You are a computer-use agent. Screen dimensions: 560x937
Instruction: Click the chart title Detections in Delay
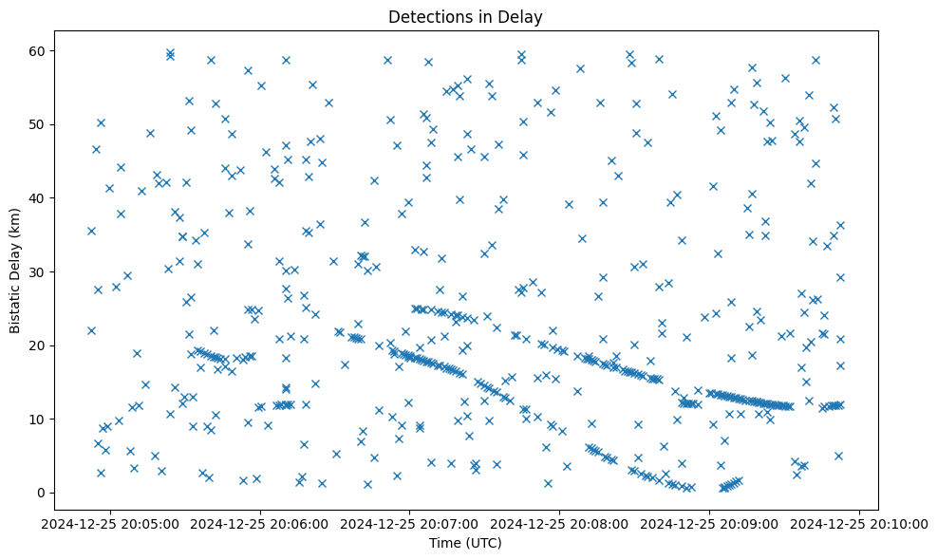(x=465, y=16)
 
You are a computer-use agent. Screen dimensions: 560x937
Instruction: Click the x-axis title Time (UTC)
(x=465, y=544)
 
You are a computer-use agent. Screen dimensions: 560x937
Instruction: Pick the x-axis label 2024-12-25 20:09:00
(x=710, y=524)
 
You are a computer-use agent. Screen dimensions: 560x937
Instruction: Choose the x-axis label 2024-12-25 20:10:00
(x=860, y=524)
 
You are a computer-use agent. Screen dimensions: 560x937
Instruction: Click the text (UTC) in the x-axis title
(x=482, y=544)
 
